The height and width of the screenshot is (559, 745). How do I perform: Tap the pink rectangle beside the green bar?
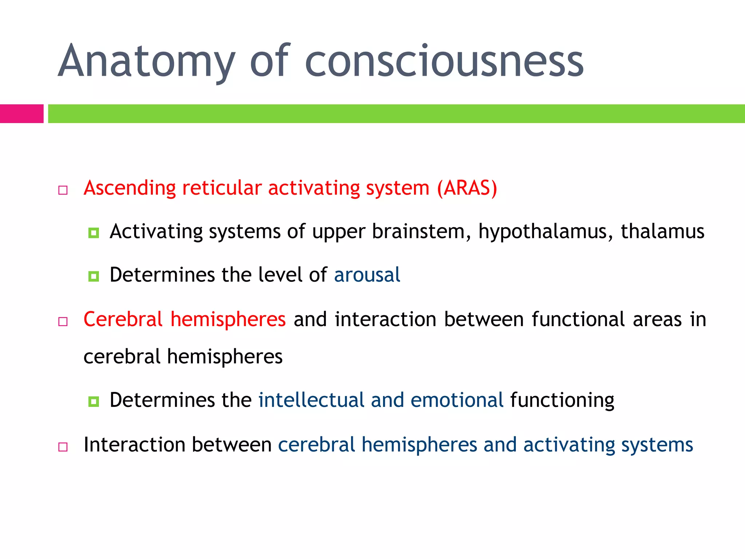pos(21,114)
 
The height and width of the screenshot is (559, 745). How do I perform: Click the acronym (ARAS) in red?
pos(467,189)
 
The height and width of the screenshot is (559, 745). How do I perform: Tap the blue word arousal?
pos(367,275)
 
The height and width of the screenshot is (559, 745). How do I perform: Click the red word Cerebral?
pos(123,320)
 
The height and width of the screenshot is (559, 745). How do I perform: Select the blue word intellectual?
pos(311,400)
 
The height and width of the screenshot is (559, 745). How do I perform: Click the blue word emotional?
pos(457,400)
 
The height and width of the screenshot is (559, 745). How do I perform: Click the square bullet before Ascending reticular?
pos(63,190)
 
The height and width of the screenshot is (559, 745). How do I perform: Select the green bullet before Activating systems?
pos(93,233)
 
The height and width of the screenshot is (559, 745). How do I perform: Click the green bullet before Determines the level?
pos(93,276)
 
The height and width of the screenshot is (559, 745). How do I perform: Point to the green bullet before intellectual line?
pos(93,401)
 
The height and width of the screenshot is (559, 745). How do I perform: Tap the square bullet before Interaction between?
pos(63,447)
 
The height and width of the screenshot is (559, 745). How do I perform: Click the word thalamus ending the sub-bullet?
pos(662,231)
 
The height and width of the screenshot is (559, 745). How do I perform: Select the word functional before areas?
pos(578,320)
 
